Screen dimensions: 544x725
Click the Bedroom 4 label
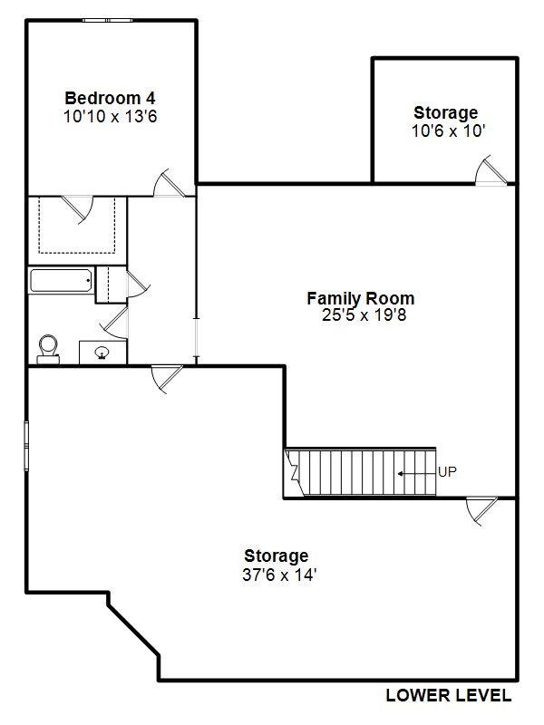[x=110, y=98]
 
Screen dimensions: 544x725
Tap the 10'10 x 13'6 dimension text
[x=110, y=116]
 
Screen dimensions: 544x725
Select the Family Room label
[x=360, y=298]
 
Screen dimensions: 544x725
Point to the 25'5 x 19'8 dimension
[x=364, y=314]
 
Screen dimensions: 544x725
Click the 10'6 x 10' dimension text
[x=448, y=130]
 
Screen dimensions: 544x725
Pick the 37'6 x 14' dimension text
[x=279, y=575]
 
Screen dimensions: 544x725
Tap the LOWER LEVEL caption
[x=449, y=695]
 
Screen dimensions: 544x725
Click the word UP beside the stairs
[x=447, y=471]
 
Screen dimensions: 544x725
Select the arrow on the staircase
[x=417, y=473]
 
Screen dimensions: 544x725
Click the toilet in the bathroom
[x=48, y=349]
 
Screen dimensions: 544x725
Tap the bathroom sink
[x=102, y=353]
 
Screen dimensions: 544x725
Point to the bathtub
[x=61, y=281]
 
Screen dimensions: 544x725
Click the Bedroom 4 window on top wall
[x=107, y=20]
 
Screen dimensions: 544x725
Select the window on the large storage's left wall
[x=26, y=446]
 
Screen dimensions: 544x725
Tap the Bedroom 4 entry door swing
[x=170, y=183]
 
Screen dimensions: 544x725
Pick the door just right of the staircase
[x=481, y=511]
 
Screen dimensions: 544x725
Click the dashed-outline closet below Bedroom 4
[x=77, y=226]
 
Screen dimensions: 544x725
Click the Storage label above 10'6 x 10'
[x=446, y=112]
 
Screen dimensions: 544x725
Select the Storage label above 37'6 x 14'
[x=277, y=556]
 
